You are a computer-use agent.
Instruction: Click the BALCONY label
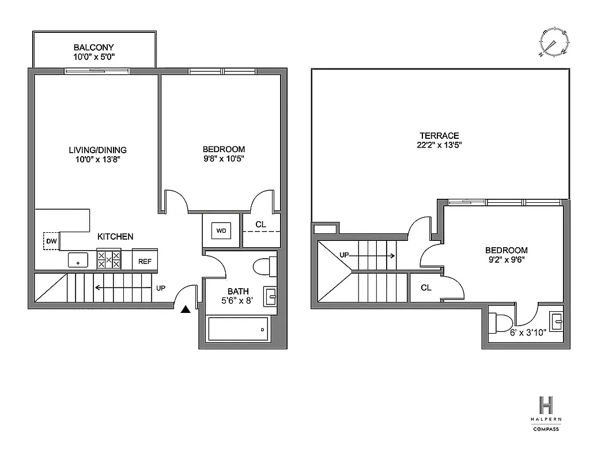click(x=94, y=47)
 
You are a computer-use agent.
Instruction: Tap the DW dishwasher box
click(x=51, y=241)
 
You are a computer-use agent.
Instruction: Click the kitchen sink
click(x=77, y=260)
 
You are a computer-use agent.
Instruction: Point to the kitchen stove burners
click(x=108, y=259)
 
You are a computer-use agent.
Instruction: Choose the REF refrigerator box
click(x=145, y=261)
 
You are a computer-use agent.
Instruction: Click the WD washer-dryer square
click(x=221, y=231)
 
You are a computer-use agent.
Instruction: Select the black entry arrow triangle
click(x=185, y=310)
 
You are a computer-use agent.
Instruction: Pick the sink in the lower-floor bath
click(x=270, y=296)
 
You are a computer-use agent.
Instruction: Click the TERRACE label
click(x=440, y=135)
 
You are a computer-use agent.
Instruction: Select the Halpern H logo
click(x=545, y=405)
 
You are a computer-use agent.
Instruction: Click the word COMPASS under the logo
click(x=545, y=429)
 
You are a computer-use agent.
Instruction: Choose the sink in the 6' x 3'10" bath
click(x=557, y=320)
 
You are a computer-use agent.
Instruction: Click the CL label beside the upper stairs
click(x=426, y=288)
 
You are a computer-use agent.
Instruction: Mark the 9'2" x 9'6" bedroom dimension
click(x=507, y=259)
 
